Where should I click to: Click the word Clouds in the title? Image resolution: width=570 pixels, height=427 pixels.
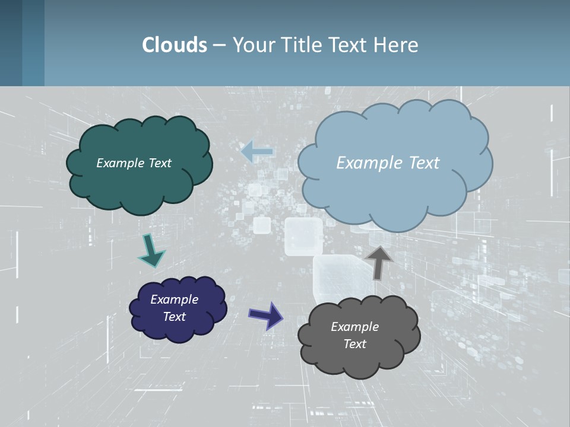175,45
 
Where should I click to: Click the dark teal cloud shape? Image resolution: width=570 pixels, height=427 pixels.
140,184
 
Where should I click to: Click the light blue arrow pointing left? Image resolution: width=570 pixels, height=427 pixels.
257,152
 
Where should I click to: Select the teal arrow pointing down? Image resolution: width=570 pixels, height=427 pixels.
151,251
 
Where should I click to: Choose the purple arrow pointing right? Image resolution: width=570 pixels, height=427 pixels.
267,315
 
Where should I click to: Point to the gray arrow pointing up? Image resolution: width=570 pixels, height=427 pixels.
378,262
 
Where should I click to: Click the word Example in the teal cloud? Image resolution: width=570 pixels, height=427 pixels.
119,163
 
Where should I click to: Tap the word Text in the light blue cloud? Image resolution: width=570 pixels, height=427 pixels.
424,163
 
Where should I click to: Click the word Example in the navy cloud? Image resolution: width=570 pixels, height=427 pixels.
174,299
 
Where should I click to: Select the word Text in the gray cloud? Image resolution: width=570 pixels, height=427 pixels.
354,344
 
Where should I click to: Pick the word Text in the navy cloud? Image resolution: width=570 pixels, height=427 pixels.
174,317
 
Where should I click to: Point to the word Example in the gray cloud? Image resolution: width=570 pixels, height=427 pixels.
354,327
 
